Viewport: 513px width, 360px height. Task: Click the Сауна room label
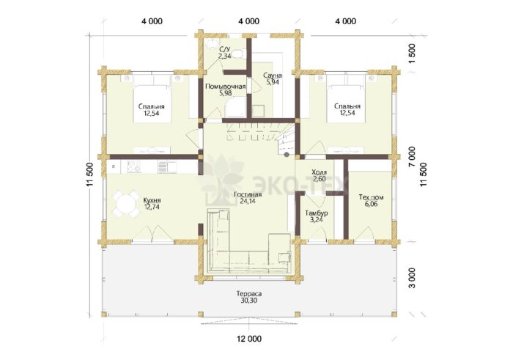pyautogui.click(x=273, y=76)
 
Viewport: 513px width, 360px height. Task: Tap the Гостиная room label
pyautogui.click(x=248, y=195)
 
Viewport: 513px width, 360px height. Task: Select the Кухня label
pyautogui.click(x=152, y=200)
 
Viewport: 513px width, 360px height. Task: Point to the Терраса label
pyautogui.click(x=249, y=293)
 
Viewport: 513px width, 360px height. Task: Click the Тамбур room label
pyautogui.click(x=317, y=213)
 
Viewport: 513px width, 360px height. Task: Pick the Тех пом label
pyautogui.click(x=371, y=197)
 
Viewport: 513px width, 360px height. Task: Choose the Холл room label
pyautogui.click(x=319, y=172)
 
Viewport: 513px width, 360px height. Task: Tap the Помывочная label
pyautogui.click(x=226, y=87)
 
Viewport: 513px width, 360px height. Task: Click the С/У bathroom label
pyautogui.click(x=225, y=50)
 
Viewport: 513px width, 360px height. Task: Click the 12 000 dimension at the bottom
pyautogui.click(x=249, y=339)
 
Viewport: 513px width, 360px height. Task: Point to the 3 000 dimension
pyautogui.click(x=412, y=278)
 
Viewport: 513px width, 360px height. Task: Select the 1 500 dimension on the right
pyautogui.click(x=412, y=54)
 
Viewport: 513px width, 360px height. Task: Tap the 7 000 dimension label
pyautogui.click(x=412, y=156)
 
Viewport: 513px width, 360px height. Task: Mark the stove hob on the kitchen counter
pyautogui.click(x=133, y=167)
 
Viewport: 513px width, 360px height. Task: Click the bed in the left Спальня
pyautogui.click(x=152, y=99)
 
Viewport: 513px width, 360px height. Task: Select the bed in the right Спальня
pyautogui.click(x=346, y=99)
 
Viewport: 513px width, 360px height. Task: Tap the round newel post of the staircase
pyautogui.click(x=287, y=155)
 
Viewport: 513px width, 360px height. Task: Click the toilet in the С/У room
pyautogui.click(x=241, y=54)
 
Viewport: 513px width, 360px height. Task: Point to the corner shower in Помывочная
pyautogui.click(x=235, y=107)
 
